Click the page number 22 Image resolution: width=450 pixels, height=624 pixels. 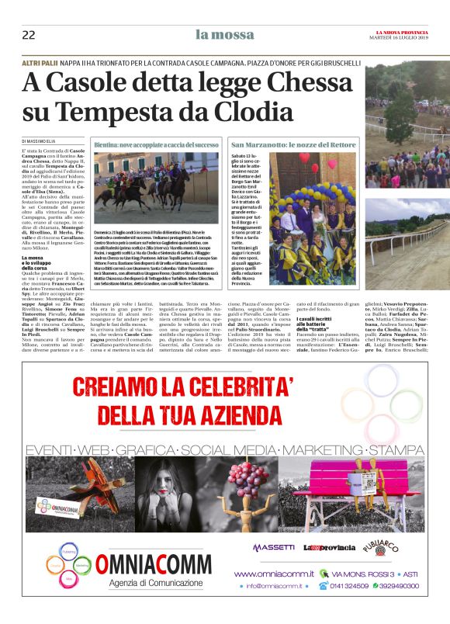click(x=29, y=34)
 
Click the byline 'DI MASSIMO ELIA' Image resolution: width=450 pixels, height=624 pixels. click(x=46, y=140)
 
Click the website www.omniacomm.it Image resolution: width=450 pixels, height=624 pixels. click(x=274, y=574)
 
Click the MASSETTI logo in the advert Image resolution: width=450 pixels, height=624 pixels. click(x=273, y=547)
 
